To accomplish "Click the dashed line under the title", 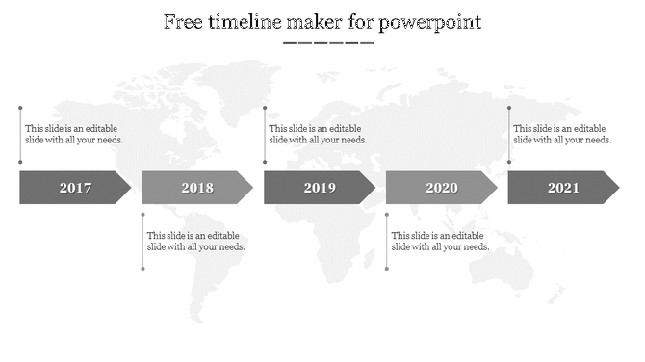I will point(328,43).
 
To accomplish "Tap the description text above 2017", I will point(74,134).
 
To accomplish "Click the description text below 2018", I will point(195,241).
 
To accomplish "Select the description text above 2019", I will point(318,134).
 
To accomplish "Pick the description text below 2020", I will point(440,241).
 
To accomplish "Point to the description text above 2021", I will point(562,134).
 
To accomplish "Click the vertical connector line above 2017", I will point(21,135).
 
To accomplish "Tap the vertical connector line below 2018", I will point(143,241).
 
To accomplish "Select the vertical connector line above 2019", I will point(266,135).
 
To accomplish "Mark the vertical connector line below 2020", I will point(387,241).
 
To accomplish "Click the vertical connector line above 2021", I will point(509,135).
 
